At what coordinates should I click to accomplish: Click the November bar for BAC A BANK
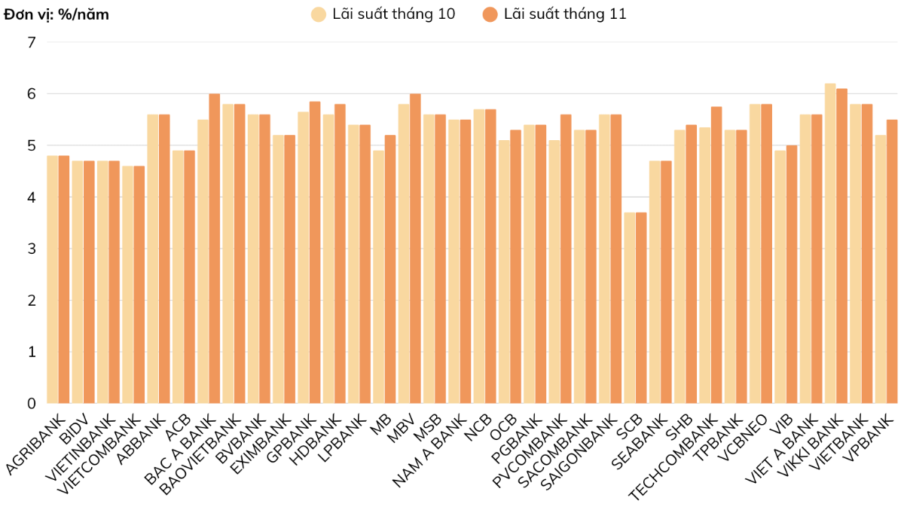point(215,249)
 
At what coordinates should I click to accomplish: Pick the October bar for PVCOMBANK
point(554,271)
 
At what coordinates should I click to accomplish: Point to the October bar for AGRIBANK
point(52,279)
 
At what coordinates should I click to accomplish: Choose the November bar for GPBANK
point(315,252)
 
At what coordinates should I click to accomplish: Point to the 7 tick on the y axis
point(31,42)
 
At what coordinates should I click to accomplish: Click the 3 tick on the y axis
point(31,249)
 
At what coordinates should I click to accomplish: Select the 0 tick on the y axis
point(31,403)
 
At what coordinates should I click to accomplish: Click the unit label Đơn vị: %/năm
point(56,14)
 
